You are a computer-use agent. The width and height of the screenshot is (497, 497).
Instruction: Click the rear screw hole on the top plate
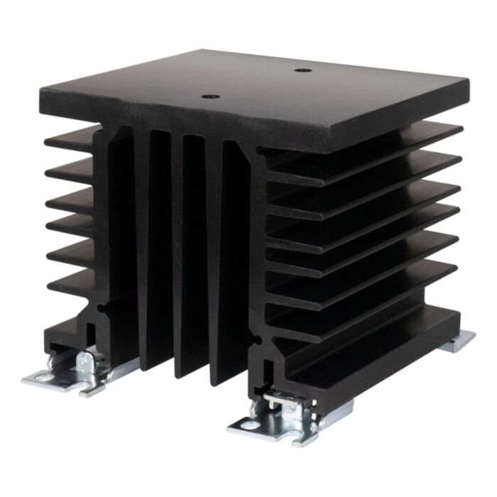[303, 71]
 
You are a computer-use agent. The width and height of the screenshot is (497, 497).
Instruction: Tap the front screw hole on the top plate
[209, 97]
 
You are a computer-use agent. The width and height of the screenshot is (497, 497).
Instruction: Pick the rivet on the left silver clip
[87, 360]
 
